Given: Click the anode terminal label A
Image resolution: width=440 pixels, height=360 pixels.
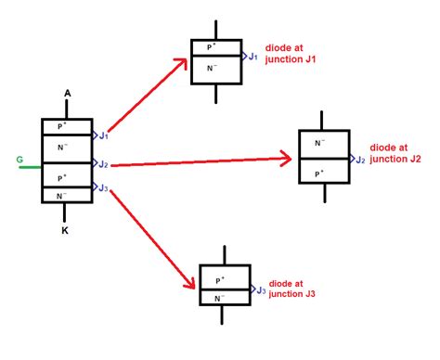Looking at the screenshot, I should (x=67, y=94).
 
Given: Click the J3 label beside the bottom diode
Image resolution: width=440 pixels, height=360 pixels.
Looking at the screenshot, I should (x=260, y=290).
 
